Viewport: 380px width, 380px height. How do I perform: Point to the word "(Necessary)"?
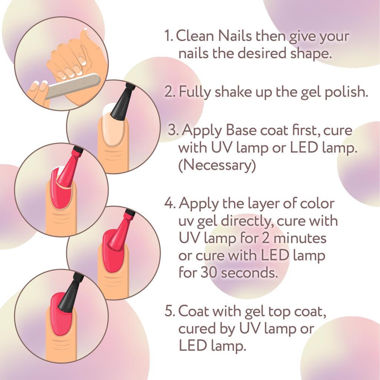[x=217, y=165]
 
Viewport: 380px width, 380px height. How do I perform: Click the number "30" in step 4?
[x=209, y=273]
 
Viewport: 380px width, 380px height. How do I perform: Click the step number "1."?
[x=169, y=36]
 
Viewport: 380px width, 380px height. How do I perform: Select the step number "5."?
[x=170, y=311]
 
